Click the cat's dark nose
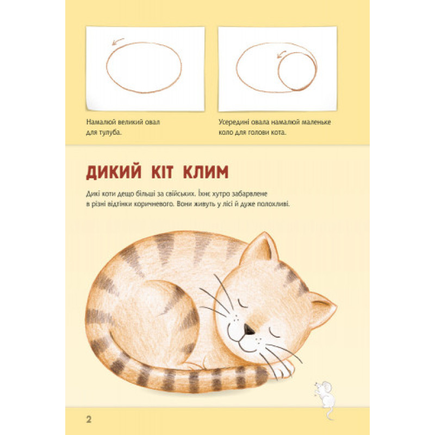248,329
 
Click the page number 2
89,419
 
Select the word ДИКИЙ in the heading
114,172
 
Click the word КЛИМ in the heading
206,172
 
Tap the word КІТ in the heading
162,172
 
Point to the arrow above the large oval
117,41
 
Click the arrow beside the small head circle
281,54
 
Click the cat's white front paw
283,368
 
